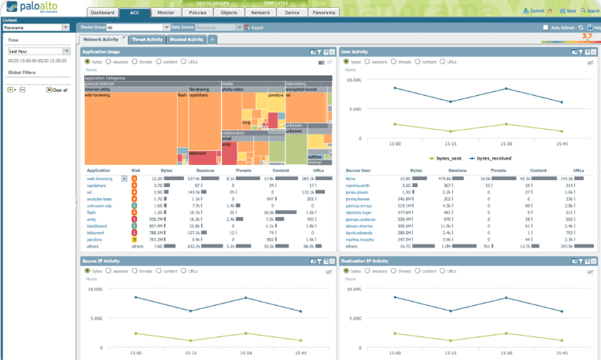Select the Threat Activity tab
(x=147, y=39)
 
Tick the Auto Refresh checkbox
(x=545, y=28)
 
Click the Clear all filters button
(x=56, y=90)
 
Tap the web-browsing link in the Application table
(x=100, y=178)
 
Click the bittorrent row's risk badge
(x=135, y=232)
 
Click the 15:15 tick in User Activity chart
(x=450, y=143)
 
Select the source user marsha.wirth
(x=358, y=185)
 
